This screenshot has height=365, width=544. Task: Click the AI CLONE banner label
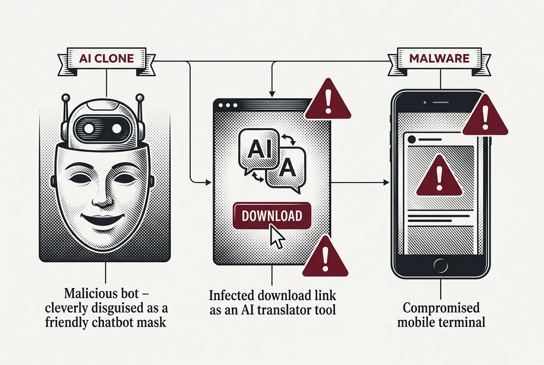pos(107,59)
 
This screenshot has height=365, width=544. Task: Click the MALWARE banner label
pos(439,59)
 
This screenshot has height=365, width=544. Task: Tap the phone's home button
pos(440,266)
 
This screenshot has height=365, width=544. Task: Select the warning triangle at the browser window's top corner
pos(328,99)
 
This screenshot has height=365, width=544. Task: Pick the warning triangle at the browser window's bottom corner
pos(325,257)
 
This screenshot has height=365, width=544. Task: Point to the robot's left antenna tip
pos(65,98)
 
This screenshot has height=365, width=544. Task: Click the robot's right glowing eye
pos(117,128)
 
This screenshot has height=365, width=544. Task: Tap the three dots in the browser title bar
pos(228,105)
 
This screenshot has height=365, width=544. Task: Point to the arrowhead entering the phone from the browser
pos(386,182)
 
